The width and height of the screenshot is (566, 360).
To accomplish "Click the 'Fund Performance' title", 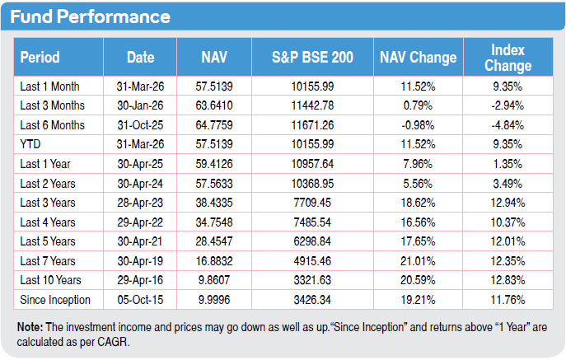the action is tap(91, 16).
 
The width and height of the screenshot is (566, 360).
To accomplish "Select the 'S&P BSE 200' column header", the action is tap(312, 58).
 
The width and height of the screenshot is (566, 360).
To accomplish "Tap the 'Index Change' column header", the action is tap(508, 58).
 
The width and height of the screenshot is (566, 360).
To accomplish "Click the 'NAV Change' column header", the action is tap(418, 58).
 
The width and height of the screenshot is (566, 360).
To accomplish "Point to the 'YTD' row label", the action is tap(30, 144).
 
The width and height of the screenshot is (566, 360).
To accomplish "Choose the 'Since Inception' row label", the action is tap(55, 300).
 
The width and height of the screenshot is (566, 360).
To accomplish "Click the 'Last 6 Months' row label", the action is tap(53, 125).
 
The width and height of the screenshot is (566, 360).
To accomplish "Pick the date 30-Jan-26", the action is tap(140, 105).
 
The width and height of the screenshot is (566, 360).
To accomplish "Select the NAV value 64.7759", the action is tap(214, 125).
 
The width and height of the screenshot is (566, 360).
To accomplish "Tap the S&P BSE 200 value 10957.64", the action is tap(312, 164).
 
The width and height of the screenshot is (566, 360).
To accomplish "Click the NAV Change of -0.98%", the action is tap(418, 125).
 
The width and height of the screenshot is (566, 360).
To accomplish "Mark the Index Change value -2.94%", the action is tap(508, 105).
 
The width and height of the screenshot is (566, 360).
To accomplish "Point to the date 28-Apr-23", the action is tap(140, 203).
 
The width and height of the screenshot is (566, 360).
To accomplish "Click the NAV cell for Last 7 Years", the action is tap(214, 261).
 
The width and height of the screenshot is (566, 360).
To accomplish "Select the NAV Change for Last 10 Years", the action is tap(418, 280).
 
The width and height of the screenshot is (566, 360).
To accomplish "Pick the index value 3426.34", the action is tap(312, 300).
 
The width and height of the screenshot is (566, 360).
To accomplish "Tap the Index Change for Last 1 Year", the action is tap(508, 164).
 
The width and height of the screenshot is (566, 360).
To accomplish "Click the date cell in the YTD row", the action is tap(140, 144).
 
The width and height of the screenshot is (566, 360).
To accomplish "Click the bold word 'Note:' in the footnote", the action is tap(30, 327).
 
